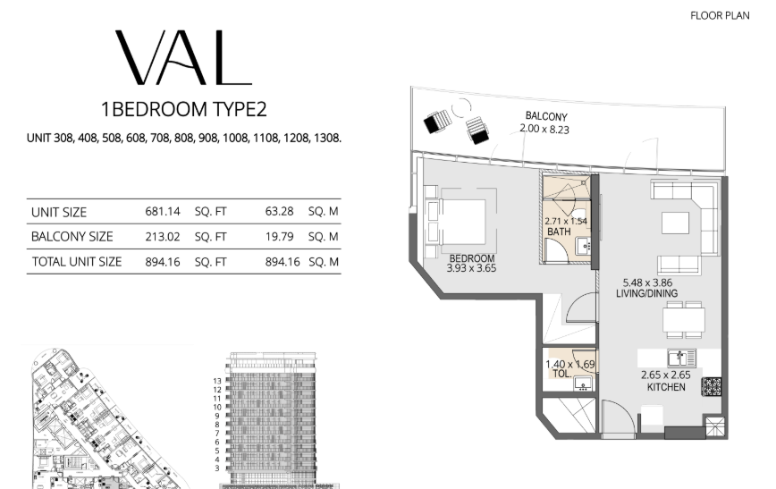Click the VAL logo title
tap(183, 57)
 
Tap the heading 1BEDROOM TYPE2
tap(184, 109)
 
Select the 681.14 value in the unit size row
tap(163, 211)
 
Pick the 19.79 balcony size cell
tap(279, 237)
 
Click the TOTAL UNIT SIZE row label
tap(77, 262)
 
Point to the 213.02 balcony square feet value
tap(163, 237)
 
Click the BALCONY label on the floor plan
tap(546, 117)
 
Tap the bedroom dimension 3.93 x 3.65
tap(471, 268)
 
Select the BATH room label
tap(559, 232)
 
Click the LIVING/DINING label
tap(647, 293)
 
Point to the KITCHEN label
tap(666, 387)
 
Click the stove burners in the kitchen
tap(711, 386)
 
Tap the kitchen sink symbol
tap(681, 358)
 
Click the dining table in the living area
tap(684, 320)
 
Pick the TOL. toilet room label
tap(561, 375)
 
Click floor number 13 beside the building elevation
tap(216, 381)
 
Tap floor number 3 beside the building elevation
tap(216, 468)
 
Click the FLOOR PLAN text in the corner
tap(720, 16)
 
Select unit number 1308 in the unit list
tap(327, 138)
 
